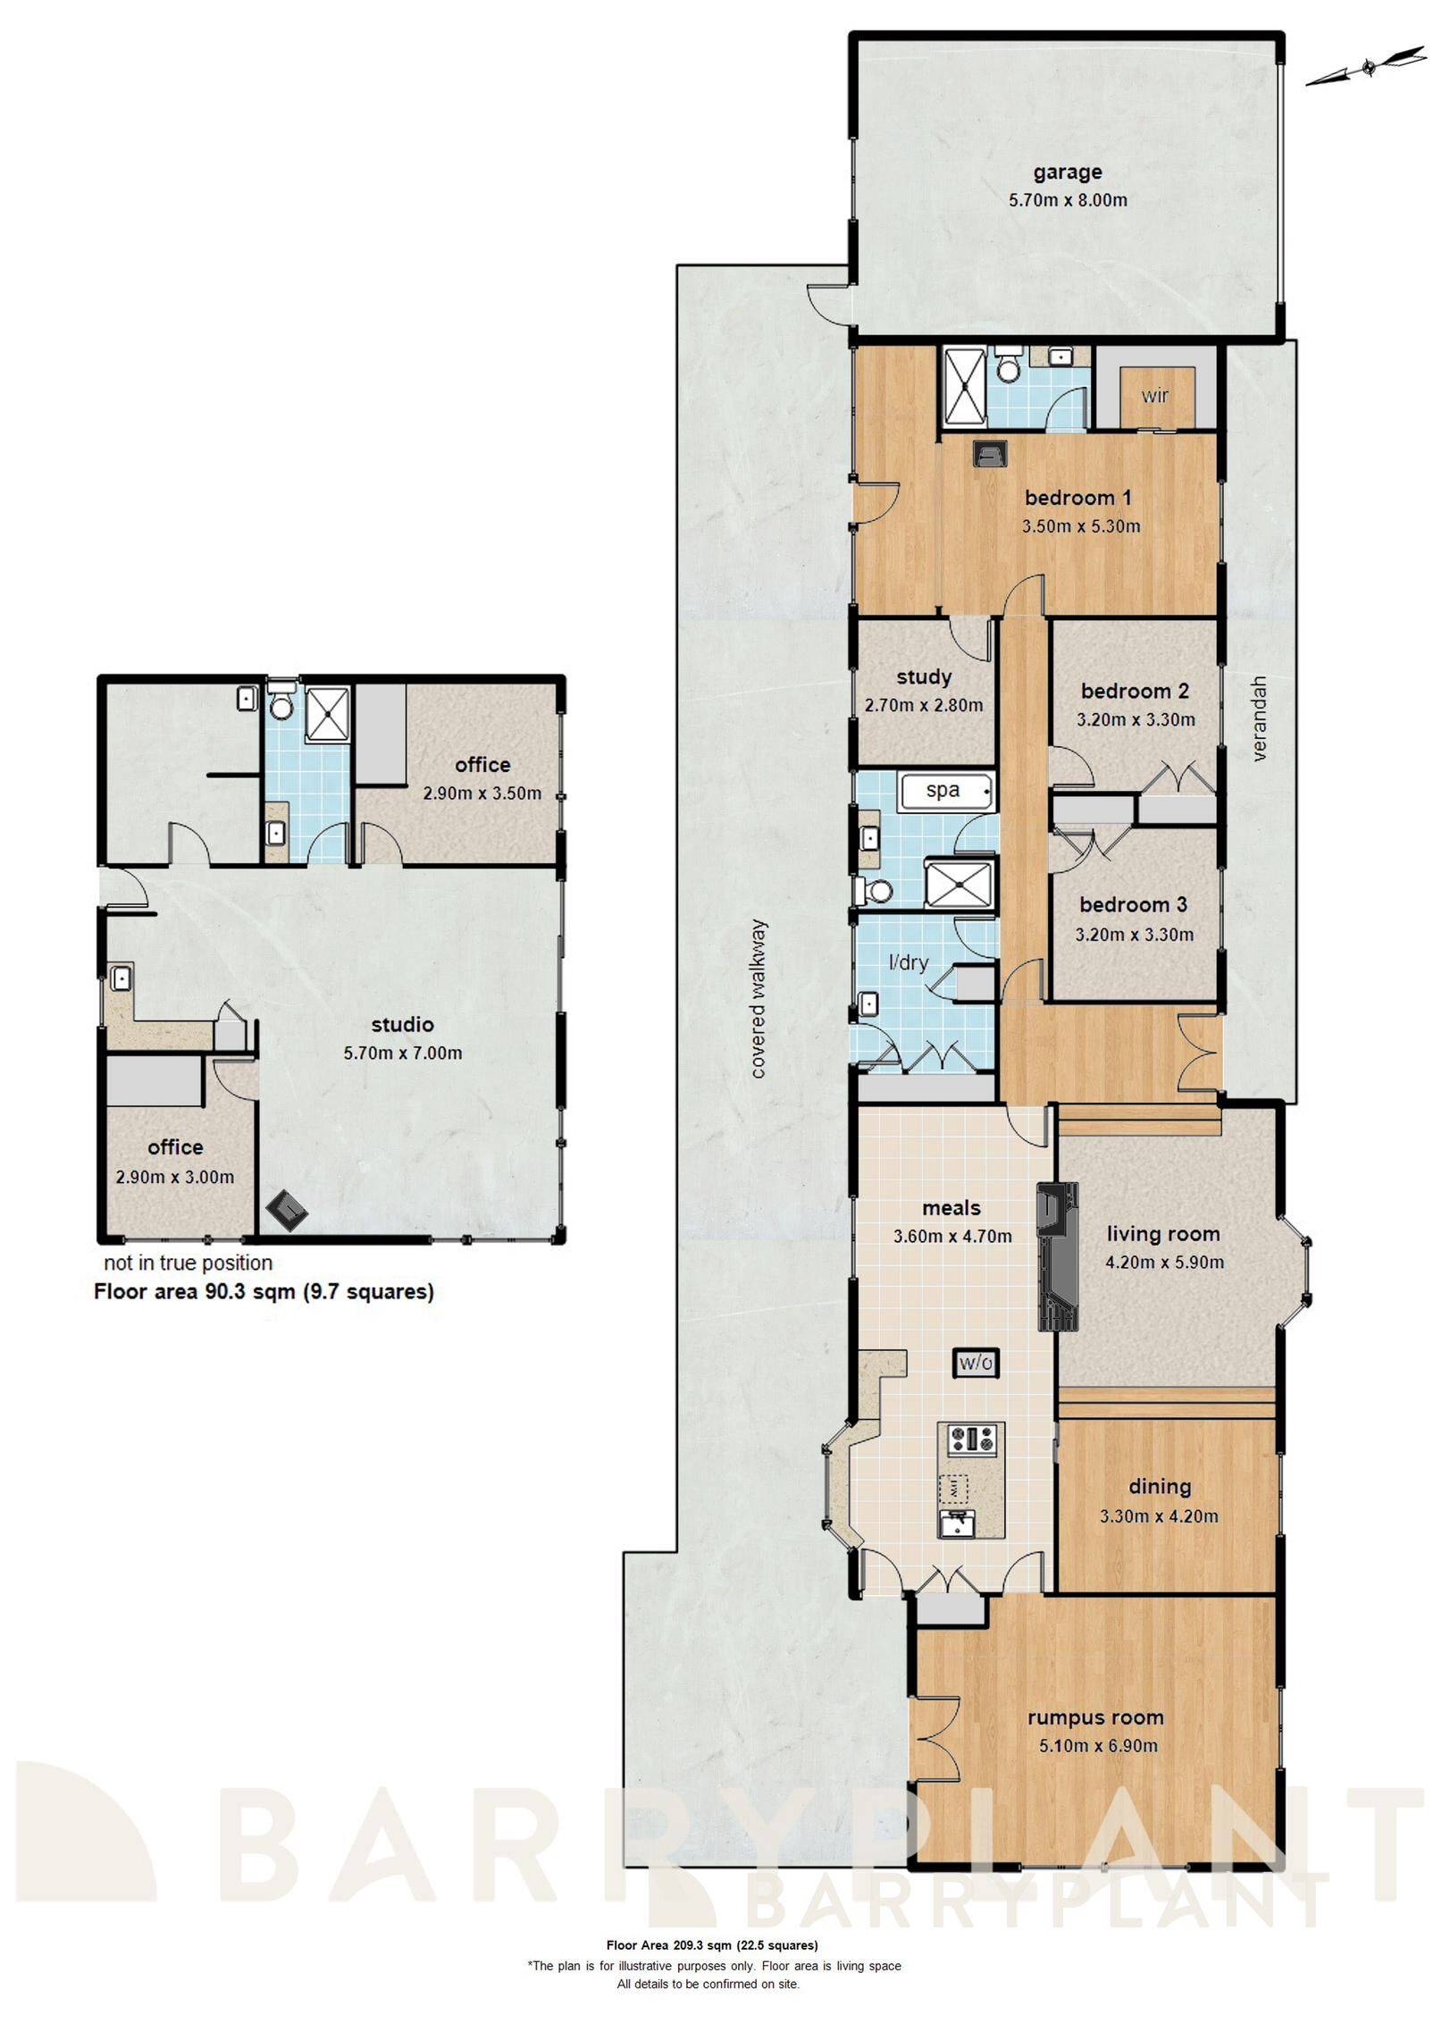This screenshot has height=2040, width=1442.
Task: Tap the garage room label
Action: (1068, 172)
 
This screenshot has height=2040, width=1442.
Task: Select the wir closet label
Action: (1155, 395)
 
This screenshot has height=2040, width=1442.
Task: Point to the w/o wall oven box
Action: (975, 1363)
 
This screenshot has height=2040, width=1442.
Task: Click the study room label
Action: (924, 676)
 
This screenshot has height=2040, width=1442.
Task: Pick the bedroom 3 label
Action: (1133, 904)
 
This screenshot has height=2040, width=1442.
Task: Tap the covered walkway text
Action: (759, 998)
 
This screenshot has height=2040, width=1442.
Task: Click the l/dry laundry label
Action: (908, 962)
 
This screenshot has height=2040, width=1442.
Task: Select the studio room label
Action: (403, 1024)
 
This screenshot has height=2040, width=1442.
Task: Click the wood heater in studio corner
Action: (287, 1211)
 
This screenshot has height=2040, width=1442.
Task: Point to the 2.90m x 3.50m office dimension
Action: (482, 793)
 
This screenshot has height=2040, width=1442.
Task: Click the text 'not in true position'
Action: (188, 1263)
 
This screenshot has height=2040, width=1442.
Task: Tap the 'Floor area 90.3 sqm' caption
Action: (264, 1291)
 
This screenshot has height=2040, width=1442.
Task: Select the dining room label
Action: (1160, 1486)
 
